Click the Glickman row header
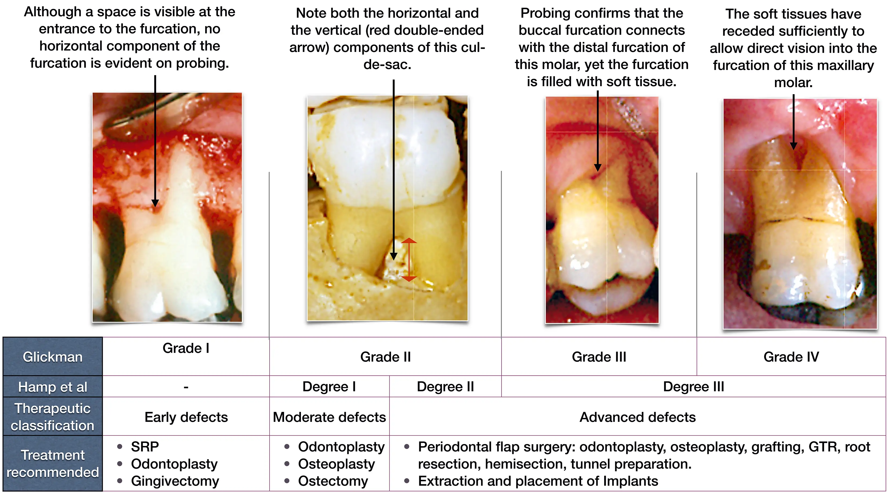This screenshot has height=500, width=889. pos(52,357)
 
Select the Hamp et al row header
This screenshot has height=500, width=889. pos(52,387)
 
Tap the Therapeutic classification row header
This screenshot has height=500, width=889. pos(52,416)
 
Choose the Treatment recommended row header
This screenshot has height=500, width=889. pos(52,463)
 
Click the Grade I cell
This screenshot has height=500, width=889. pos(186,357)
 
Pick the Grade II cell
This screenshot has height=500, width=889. pos(385,357)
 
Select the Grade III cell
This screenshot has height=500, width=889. pos(599,357)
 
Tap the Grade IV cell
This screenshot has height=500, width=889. pos(791,357)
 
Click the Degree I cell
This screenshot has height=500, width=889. pos(329,387)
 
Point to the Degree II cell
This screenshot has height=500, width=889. pos(445,387)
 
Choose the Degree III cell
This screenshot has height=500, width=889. pos(694,387)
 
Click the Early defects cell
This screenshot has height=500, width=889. pos(186,417)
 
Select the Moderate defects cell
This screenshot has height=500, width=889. pos(329,417)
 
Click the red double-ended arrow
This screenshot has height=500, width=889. pos(409,259)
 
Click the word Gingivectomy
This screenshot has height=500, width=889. pos(175,481)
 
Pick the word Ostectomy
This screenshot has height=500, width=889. pos(333,481)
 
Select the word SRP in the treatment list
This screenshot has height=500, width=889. pos(145,447)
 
